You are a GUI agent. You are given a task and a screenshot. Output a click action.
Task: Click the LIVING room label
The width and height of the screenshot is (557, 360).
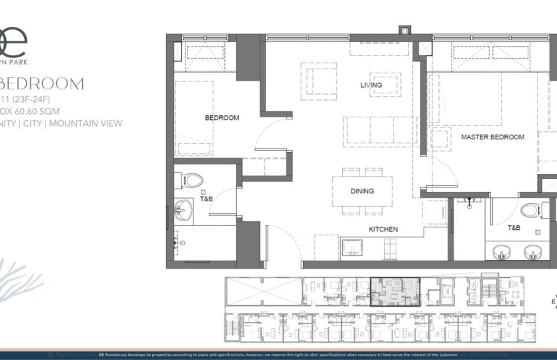371,85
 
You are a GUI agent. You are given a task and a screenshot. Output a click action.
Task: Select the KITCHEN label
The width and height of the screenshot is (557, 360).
384,229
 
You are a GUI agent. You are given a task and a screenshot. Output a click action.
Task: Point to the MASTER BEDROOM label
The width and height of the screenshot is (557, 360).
492,137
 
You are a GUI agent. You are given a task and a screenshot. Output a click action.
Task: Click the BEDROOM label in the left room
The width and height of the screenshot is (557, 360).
221,118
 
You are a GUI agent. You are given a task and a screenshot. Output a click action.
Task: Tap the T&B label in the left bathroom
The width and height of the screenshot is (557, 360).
207,199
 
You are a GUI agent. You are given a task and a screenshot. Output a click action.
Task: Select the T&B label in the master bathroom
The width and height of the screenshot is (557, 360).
514,227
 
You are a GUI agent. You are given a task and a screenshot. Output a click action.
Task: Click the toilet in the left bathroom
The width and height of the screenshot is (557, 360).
192,181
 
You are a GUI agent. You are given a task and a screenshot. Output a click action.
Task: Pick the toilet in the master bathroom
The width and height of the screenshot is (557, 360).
531,211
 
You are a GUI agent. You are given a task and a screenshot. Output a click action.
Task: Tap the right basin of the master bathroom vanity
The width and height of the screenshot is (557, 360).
532,252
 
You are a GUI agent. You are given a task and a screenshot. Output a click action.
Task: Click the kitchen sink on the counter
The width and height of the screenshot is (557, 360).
352,249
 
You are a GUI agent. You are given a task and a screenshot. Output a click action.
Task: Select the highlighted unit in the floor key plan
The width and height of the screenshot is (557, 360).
394,291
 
